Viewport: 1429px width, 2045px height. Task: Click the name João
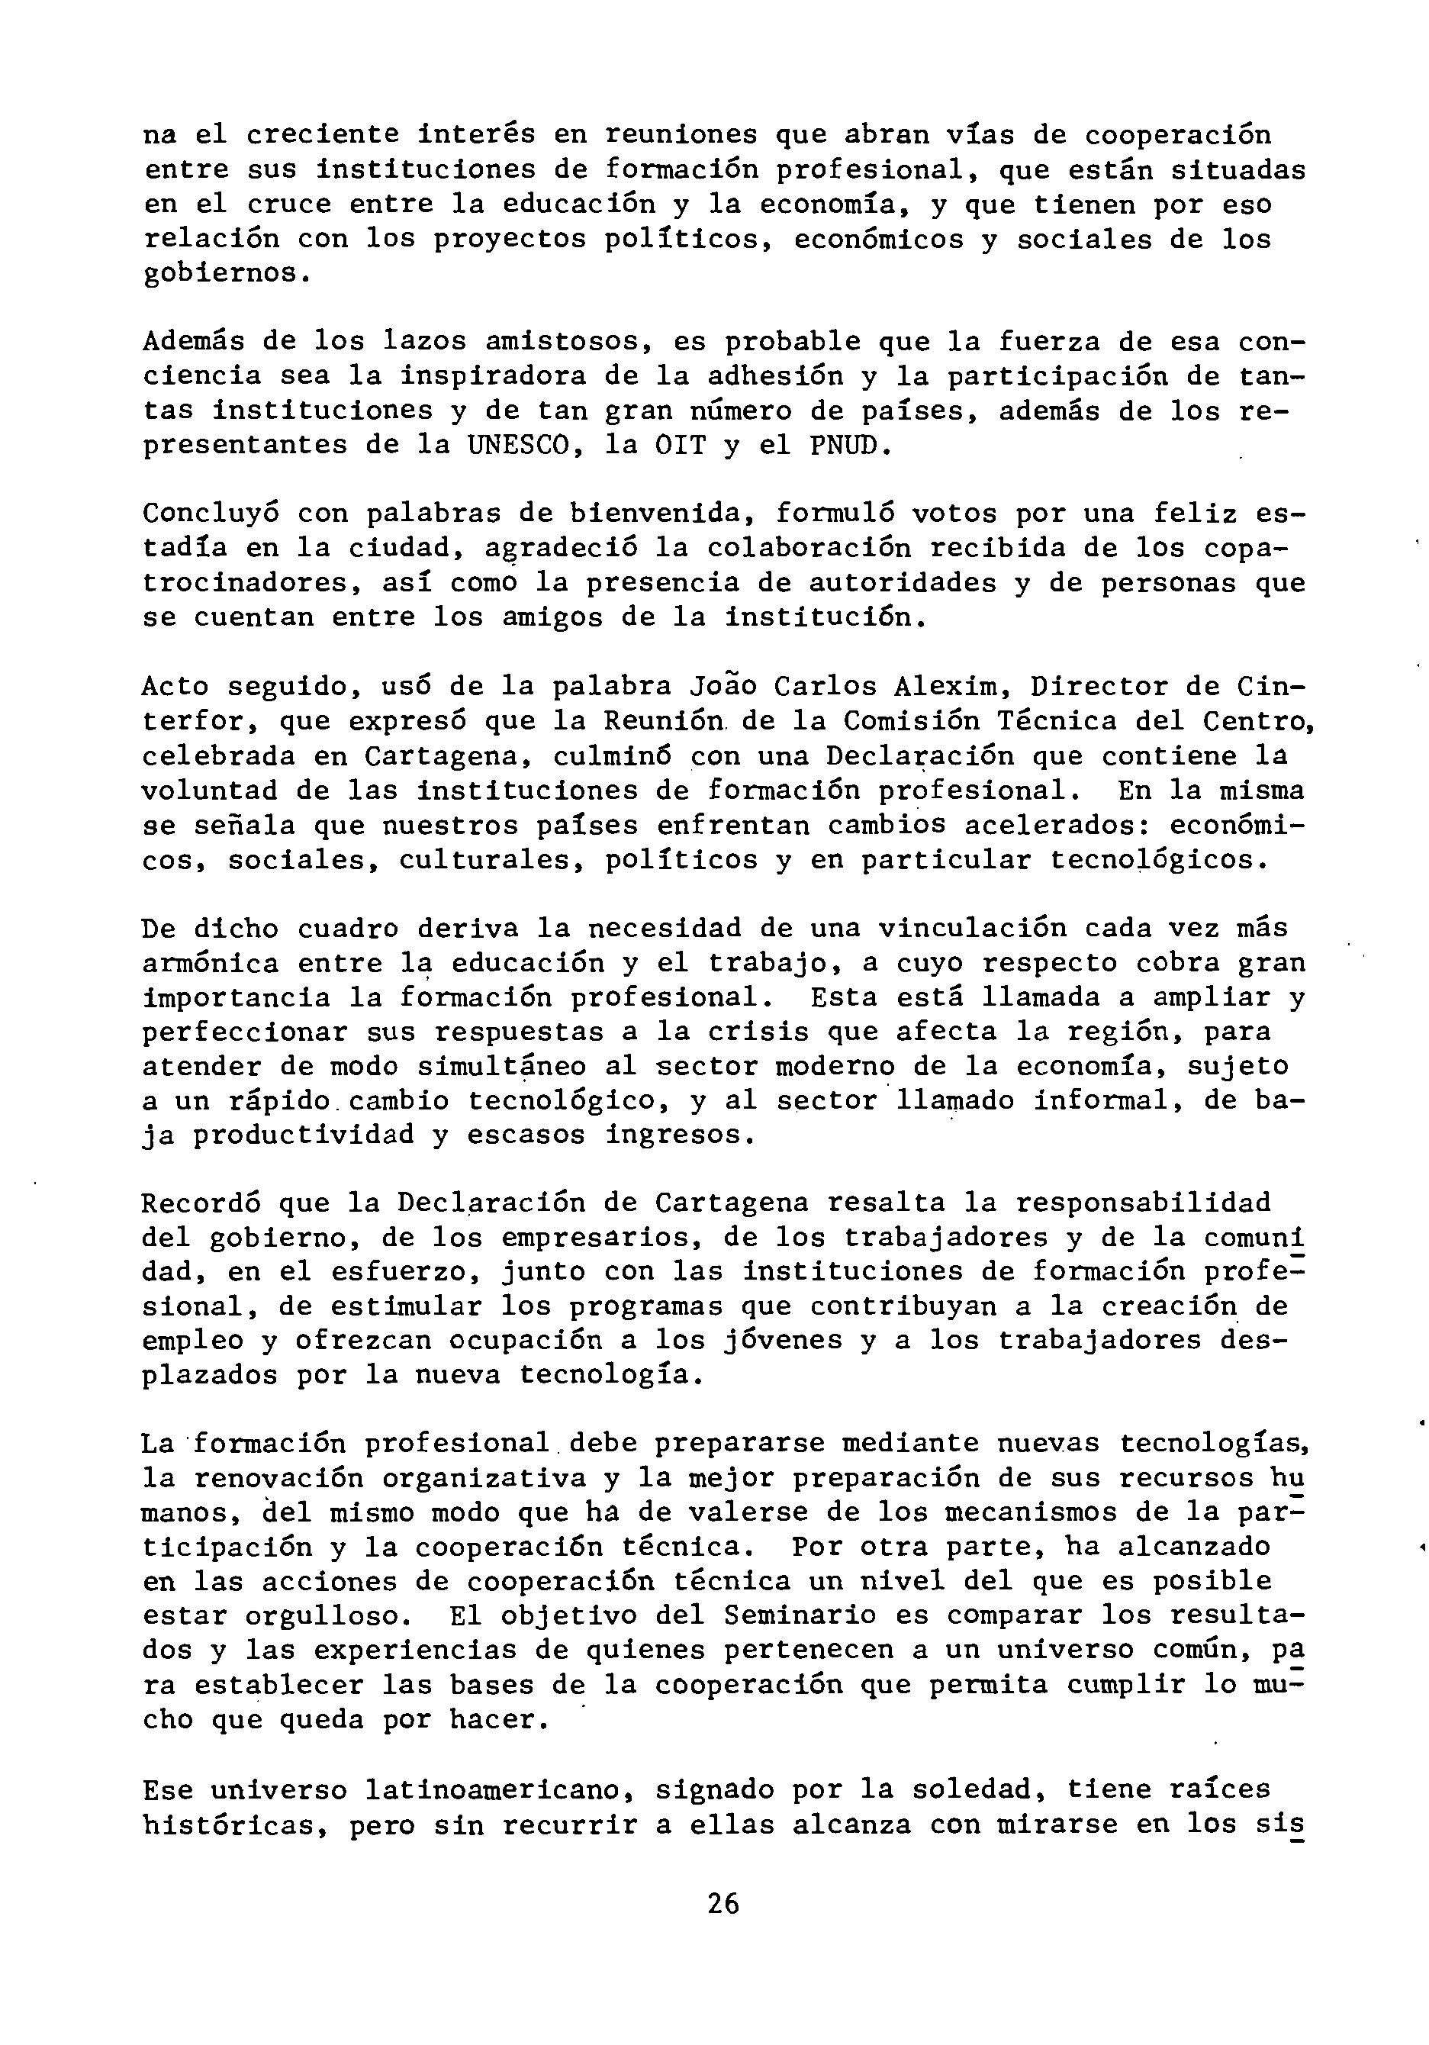[723, 687]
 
